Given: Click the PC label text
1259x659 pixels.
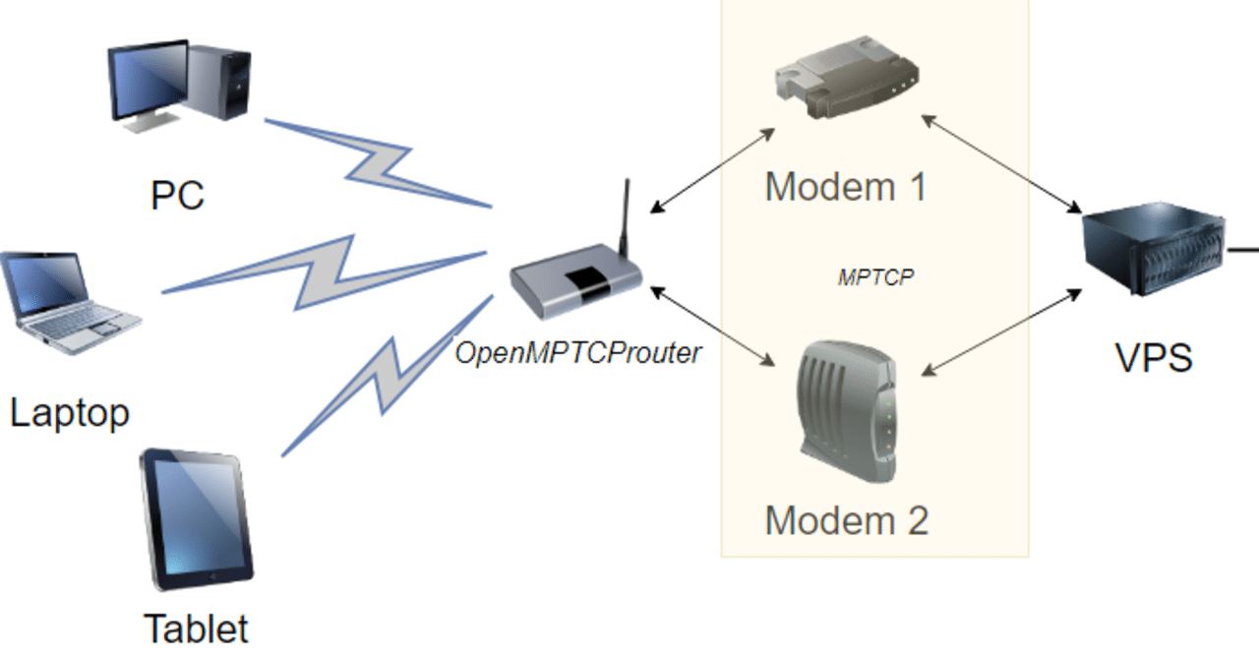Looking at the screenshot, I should pyautogui.click(x=177, y=195).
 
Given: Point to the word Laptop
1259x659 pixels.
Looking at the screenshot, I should pyautogui.click(x=69, y=412).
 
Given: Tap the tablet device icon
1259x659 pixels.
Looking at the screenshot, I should pyautogui.click(x=197, y=518).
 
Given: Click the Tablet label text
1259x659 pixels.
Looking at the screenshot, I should pyautogui.click(x=196, y=629).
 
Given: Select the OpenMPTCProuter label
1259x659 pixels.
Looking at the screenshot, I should pyautogui.click(x=577, y=353).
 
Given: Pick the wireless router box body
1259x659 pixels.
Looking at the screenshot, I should pyautogui.click(x=575, y=285).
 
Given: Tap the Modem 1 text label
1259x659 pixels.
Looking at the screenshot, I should pyautogui.click(x=845, y=187).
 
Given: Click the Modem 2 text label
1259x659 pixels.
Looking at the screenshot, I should pyautogui.click(x=846, y=520).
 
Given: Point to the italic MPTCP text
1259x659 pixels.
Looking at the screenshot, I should pyautogui.click(x=875, y=277).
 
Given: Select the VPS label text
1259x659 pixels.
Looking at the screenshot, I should pyautogui.click(x=1154, y=358).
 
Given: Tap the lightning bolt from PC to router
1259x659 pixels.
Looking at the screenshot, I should pyautogui.click(x=379, y=163).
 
